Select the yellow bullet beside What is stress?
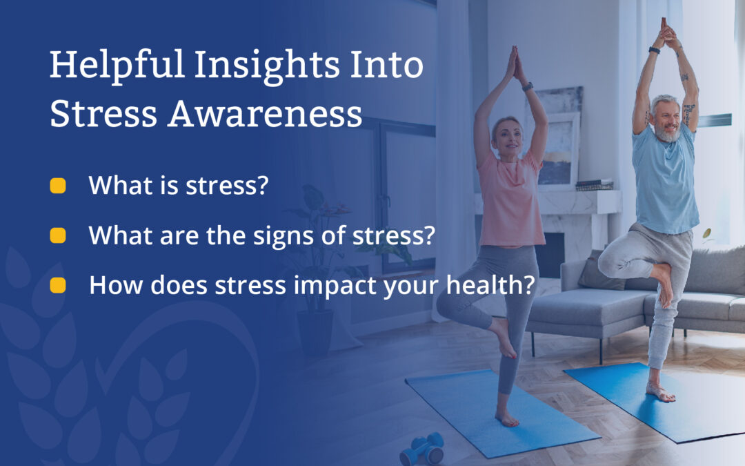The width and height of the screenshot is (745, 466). pos(58,186)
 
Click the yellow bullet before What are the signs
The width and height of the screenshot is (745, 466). pos(58,235)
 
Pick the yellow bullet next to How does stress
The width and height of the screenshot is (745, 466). pos(58,285)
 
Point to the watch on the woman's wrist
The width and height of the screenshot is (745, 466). pos(528,87)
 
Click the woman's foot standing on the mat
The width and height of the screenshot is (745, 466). pos(507,418)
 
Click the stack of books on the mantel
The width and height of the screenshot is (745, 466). pos(594,184)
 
